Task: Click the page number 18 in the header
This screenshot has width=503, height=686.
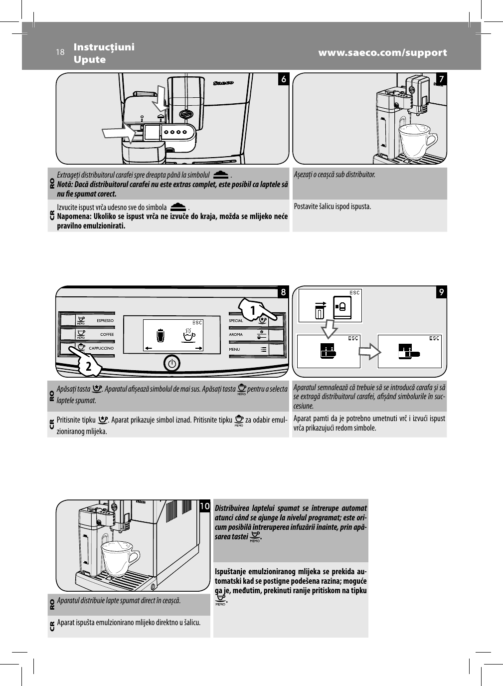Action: click(60, 52)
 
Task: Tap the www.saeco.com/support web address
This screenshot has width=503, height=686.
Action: click(382, 53)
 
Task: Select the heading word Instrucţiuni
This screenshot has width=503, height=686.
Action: click(104, 47)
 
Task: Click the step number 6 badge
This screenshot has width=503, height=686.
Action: click(283, 79)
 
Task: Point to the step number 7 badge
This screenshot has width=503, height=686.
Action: click(441, 79)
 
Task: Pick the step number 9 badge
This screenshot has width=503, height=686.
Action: click(441, 292)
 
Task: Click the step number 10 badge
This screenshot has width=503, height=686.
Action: click(204, 506)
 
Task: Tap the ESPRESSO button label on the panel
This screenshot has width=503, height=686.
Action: click(105, 320)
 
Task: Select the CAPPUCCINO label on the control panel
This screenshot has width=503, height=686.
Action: click(101, 348)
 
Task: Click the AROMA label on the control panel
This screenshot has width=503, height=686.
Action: click(236, 335)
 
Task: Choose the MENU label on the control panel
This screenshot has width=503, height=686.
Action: click(234, 349)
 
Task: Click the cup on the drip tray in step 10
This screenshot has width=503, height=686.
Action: click(120, 557)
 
